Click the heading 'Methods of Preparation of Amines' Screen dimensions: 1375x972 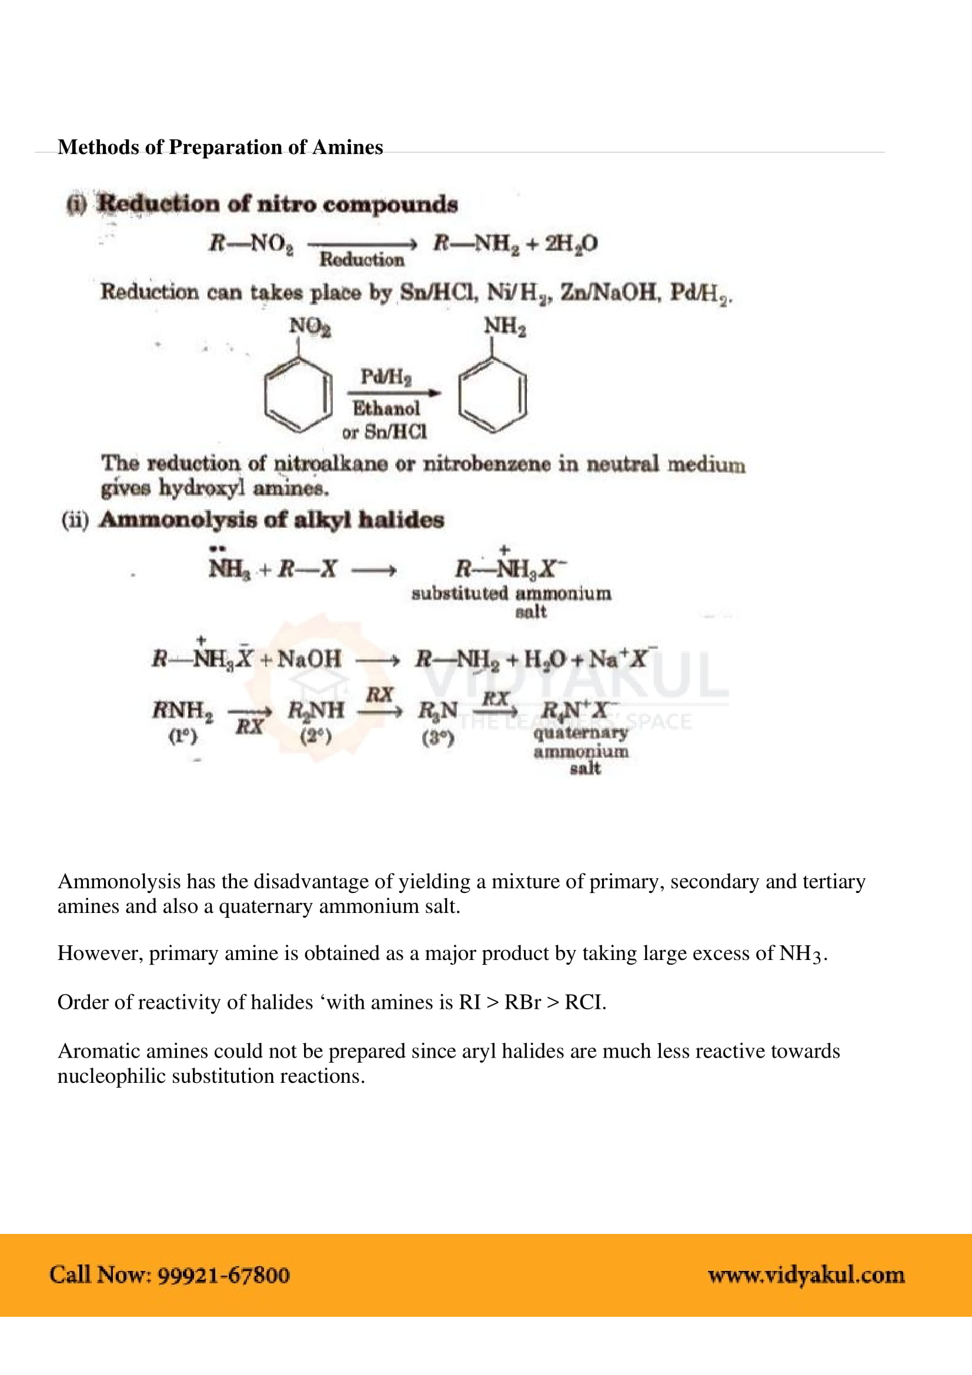point(220,148)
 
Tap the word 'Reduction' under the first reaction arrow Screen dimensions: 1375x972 point(362,260)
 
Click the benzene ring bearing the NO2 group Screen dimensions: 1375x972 point(298,394)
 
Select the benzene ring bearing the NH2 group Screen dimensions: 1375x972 point(492,394)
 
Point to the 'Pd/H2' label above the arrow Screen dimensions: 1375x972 point(386,377)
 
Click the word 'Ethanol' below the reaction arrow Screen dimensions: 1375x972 point(386,409)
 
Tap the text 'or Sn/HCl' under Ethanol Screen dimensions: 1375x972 point(385,432)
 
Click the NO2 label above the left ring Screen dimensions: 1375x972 point(310,327)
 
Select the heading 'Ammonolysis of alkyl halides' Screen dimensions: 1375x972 point(272,520)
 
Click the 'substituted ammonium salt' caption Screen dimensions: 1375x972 point(512,601)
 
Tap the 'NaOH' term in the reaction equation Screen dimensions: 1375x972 point(309,660)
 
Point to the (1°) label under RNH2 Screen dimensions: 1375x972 point(183,736)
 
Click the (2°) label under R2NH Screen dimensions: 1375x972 point(316,736)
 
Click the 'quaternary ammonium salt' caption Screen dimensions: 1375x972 point(581,750)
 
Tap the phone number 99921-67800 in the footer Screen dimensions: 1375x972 point(224,1275)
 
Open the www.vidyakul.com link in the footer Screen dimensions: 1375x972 point(806,1275)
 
